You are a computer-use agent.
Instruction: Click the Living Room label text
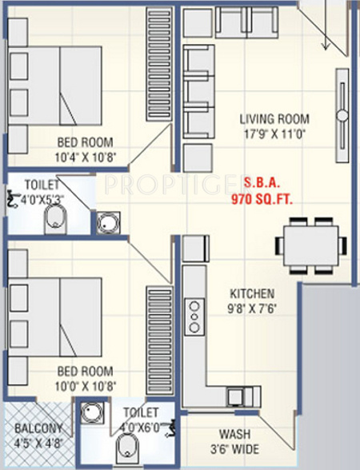click(274, 119)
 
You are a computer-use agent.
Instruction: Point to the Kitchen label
click(253, 293)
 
